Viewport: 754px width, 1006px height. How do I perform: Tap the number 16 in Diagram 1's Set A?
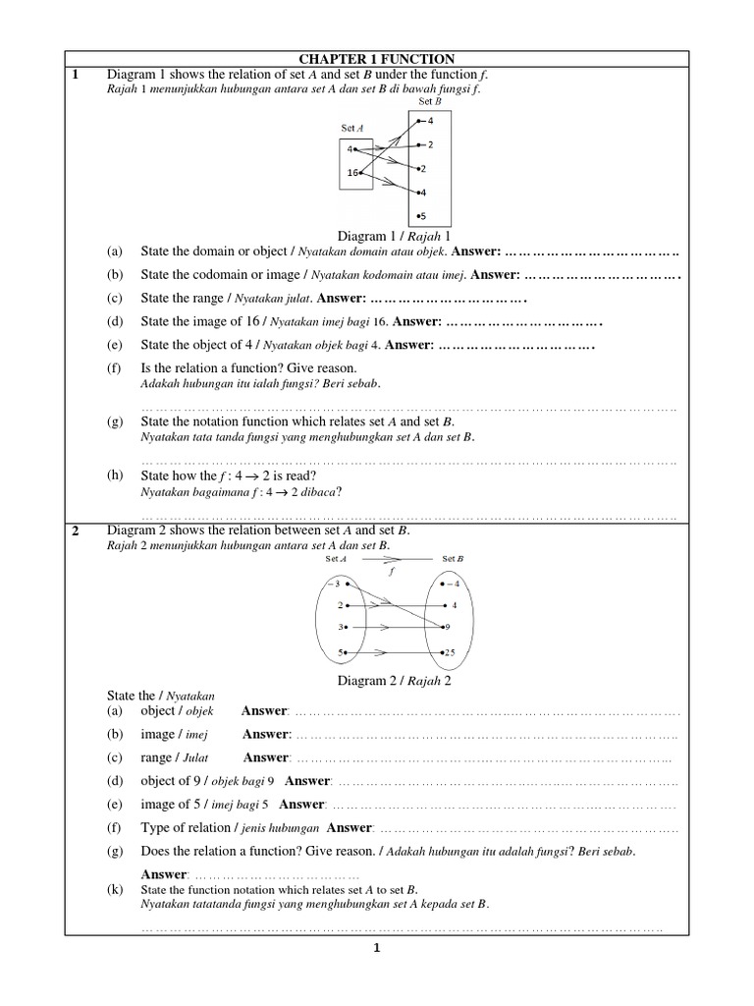point(353,174)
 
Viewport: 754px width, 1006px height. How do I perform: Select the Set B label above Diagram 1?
point(430,101)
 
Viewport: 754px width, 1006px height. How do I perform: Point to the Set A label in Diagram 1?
point(352,128)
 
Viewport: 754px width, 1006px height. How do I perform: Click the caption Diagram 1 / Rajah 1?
point(394,236)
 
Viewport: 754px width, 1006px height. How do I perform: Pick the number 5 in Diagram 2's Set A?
point(340,652)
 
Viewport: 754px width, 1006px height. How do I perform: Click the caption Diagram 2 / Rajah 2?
point(395,680)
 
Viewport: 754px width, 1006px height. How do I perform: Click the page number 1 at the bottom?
point(376,948)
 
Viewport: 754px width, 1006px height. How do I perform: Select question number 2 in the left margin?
point(75,531)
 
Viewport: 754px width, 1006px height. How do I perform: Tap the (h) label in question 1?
point(116,474)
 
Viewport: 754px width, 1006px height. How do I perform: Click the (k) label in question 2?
point(116,889)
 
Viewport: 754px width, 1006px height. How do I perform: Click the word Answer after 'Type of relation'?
point(350,827)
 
